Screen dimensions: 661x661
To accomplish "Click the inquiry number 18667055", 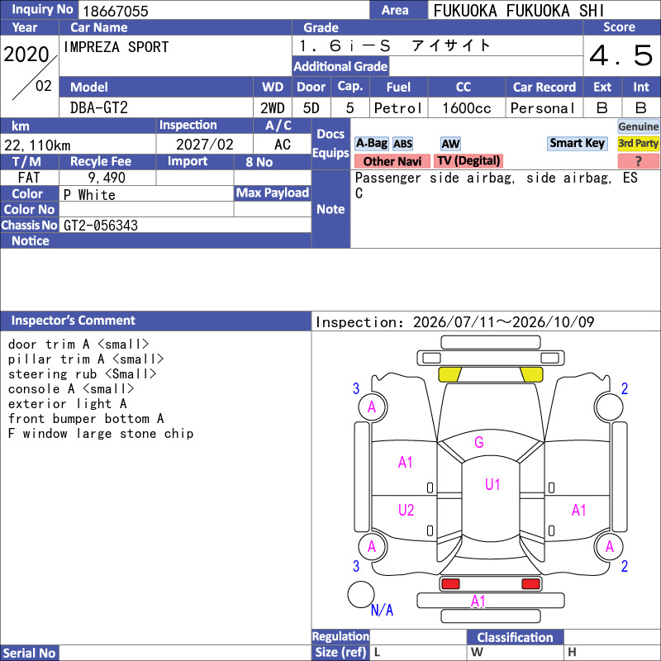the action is [x=116, y=11].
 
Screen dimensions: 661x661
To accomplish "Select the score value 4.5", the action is [x=621, y=55].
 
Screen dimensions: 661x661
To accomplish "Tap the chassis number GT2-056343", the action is [x=101, y=226].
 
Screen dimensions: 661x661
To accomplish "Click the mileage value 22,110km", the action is [x=37, y=145].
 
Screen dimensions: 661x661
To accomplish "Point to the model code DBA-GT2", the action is [x=98, y=108].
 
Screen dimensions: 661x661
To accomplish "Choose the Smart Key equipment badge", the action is [x=577, y=143].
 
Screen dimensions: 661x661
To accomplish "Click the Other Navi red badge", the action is [x=392, y=161].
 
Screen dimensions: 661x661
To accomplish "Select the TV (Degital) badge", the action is [x=468, y=160].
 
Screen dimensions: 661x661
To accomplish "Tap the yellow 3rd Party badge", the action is [x=638, y=143].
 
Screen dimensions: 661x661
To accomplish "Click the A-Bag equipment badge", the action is [x=371, y=143].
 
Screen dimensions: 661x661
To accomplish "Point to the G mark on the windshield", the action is [x=479, y=442].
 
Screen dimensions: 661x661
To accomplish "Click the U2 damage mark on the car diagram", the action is [x=406, y=510].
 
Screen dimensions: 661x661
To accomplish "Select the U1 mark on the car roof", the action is [x=492, y=484].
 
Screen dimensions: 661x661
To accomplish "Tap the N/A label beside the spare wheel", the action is [x=382, y=610].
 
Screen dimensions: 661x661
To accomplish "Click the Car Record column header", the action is [x=544, y=87].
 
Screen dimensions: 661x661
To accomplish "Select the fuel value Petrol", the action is [x=398, y=108].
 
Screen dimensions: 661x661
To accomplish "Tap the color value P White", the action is [x=89, y=195].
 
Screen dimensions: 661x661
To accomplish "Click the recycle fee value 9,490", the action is [x=107, y=178].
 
